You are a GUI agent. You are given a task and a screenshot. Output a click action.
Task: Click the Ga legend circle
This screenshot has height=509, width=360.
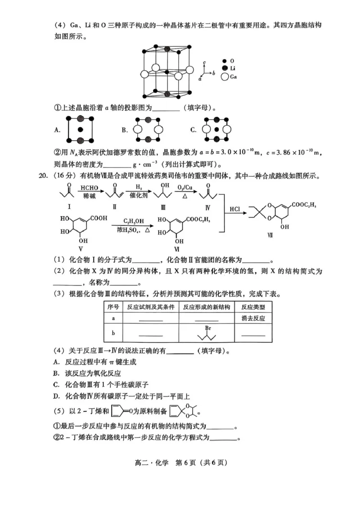click(225, 77)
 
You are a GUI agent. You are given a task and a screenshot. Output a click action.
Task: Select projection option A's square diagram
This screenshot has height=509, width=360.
click(81, 129)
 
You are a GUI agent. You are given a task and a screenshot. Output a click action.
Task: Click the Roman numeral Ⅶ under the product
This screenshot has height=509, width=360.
click(283, 235)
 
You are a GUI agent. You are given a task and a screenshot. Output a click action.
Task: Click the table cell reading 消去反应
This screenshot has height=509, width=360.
click(253, 318)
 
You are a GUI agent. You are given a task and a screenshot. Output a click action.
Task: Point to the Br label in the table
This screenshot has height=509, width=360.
click(208, 328)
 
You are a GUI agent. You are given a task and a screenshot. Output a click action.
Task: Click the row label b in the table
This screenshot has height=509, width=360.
click(113, 334)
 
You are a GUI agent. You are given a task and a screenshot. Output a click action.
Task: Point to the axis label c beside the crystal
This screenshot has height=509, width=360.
click(205, 63)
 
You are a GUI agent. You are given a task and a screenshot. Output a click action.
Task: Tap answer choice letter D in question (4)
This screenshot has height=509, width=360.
click(56, 396)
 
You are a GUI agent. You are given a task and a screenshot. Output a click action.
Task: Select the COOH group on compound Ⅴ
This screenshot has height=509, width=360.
click(99, 218)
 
